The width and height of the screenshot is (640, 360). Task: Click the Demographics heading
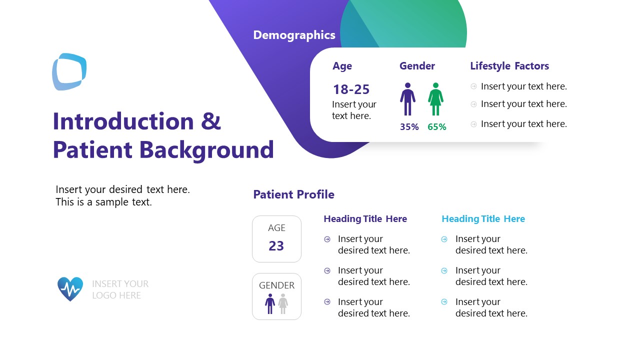pos(294,35)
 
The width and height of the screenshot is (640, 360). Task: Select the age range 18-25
pos(351,89)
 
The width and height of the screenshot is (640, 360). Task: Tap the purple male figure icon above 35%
pos(407,99)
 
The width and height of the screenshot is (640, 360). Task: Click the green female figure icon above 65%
pos(435,99)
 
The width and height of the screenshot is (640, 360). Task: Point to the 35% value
pos(409,127)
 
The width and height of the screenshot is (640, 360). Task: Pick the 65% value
pos(436,127)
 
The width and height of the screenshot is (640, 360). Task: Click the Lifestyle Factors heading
pos(509,66)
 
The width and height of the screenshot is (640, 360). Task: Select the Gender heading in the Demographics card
pos(417,66)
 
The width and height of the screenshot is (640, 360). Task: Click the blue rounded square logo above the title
pos(69,71)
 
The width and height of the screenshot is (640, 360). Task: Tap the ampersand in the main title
pos(211,121)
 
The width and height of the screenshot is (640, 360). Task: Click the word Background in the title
pos(206,149)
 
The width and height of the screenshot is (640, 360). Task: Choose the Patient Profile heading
pos(293,194)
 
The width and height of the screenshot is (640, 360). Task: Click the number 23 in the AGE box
pos(276,246)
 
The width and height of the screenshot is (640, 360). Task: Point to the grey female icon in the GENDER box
pos(283,303)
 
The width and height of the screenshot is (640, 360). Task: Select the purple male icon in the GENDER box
pos(270,303)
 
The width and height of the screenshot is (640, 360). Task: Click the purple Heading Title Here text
pos(365,219)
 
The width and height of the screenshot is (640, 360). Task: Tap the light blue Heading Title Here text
pos(483,219)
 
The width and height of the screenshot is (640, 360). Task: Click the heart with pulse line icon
pos(70,289)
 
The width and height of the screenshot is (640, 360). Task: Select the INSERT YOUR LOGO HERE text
pos(120,289)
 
